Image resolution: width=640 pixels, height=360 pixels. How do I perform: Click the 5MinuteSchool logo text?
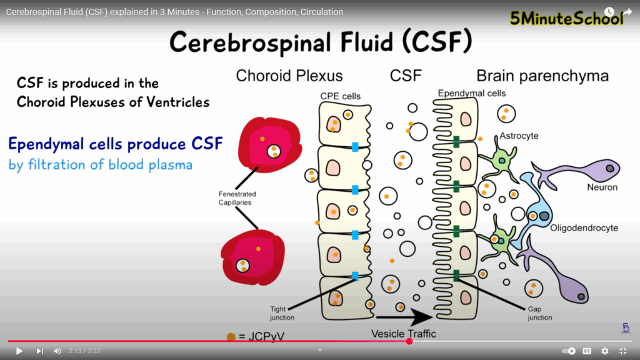566,19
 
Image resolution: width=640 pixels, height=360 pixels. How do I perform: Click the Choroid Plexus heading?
289,76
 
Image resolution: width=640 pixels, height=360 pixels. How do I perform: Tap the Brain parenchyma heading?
542,76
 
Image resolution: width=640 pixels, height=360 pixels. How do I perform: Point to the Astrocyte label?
519,136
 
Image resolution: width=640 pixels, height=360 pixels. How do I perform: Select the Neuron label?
602,187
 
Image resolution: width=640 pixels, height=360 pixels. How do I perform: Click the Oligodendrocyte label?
584,228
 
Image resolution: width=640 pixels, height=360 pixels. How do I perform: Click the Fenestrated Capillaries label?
237,198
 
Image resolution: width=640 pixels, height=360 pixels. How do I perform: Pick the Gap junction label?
539,313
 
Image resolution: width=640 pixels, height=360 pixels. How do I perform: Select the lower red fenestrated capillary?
253,257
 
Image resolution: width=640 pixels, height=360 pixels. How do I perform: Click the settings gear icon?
604,351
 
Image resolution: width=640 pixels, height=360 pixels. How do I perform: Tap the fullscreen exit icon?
623,351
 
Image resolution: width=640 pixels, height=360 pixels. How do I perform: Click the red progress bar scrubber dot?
409,341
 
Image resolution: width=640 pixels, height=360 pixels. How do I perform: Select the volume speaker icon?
57,351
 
